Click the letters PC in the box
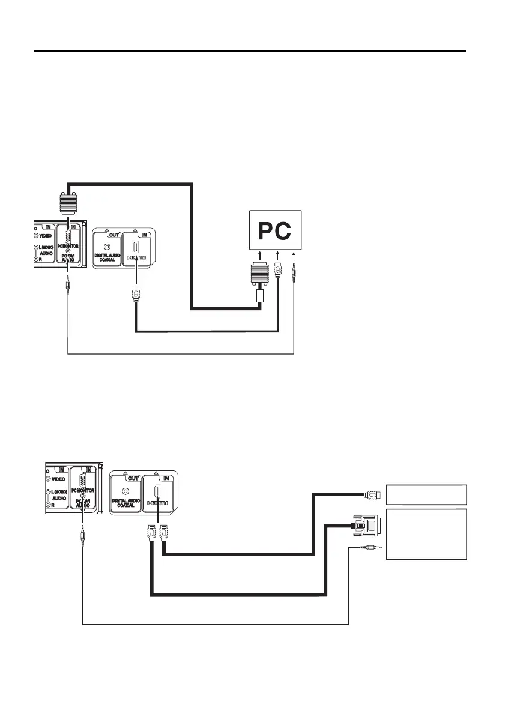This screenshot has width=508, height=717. pos(275,230)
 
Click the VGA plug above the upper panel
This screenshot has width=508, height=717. pos(68,204)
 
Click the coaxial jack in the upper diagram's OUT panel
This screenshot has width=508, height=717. pos(107,246)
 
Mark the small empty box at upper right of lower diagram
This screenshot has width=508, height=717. pos(426,494)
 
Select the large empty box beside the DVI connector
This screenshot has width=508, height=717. pos(426,534)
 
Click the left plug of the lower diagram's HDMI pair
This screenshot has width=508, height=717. pos(151,531)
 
